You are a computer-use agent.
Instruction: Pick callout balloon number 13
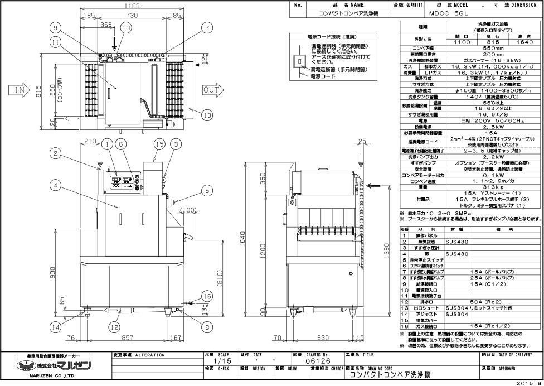pos(207,115)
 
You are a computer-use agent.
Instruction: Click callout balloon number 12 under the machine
pos(114,326)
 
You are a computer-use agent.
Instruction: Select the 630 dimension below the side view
pos(320,337)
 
